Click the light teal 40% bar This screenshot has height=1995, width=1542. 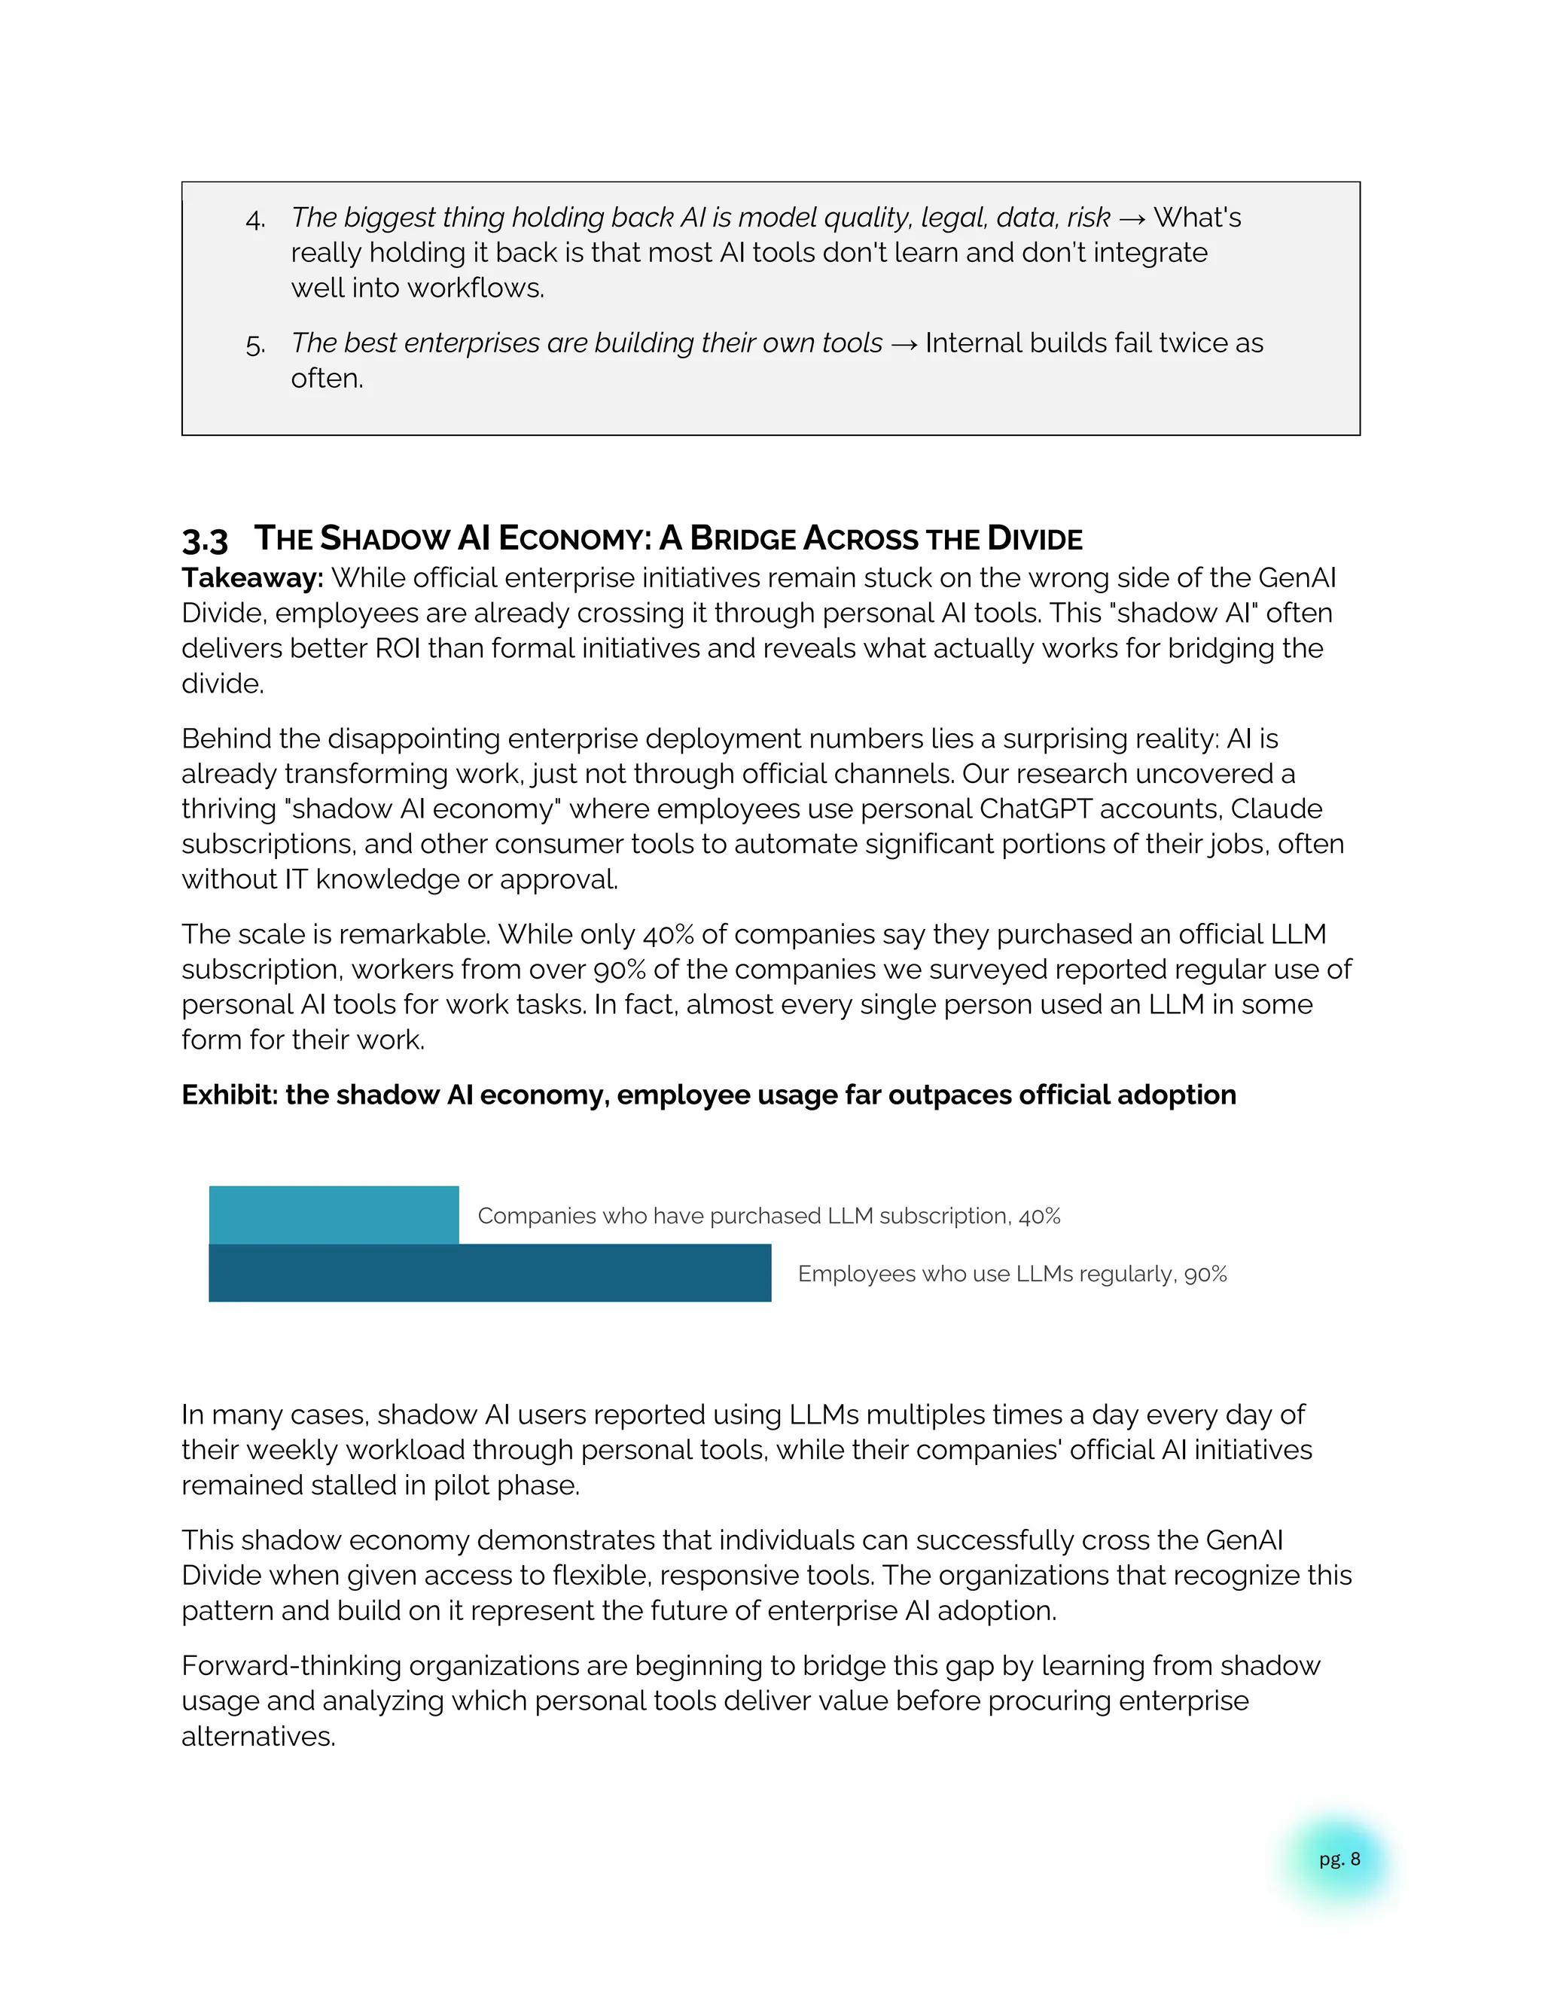click(334, 1214)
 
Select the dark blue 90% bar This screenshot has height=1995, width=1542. click(489, 1272)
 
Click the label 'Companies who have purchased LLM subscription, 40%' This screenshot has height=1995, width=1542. click(768, 1216)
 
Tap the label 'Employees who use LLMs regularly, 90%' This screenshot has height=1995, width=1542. click(1011, 1273)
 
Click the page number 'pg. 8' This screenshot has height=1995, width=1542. click(1339, 1859)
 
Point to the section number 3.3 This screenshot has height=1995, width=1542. click(205, 540)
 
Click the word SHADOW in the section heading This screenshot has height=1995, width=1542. click(385, 539)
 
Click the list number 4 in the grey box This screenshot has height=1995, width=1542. click(255, 219)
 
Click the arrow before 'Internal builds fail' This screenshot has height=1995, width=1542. click(904, 344)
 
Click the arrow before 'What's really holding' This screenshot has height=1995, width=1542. click(1132, 219)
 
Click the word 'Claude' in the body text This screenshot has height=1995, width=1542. click(1276, 809)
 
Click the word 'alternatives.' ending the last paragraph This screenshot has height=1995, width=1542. click(258, 1737)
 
